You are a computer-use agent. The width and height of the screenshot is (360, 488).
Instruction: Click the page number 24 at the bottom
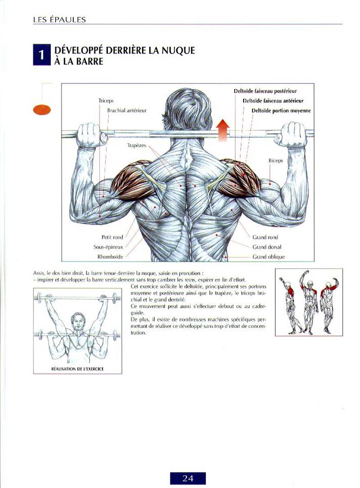click(188, 478)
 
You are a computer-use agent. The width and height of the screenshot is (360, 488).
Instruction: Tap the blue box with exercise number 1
click(41, 55)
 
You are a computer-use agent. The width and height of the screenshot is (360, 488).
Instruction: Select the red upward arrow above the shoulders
click(223, 130)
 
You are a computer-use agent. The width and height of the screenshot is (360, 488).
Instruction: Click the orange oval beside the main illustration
click(41, 110)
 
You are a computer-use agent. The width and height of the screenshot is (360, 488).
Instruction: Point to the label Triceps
click(106, 101)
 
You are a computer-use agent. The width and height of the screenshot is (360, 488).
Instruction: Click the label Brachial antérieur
click(126, 110)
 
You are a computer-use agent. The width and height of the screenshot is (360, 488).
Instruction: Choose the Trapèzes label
click(137, 146)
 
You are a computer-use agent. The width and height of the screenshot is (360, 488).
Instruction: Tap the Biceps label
click(276, 161)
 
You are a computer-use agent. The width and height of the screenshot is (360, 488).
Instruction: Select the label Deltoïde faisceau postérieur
click(265, 91)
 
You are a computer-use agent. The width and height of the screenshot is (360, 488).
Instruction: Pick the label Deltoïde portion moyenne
click(281, 111)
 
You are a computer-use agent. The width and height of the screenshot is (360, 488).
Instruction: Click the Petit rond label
click(112, 237)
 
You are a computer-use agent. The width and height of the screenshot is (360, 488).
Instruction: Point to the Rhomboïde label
click(110, 257)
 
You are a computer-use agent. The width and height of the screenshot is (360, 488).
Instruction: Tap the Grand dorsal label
click(266, 247)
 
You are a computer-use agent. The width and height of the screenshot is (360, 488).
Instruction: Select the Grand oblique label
click(268, 257)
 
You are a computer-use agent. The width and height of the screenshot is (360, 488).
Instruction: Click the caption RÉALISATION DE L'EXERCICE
click(77, 369)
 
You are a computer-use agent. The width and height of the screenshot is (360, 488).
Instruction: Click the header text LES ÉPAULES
click(59, 20)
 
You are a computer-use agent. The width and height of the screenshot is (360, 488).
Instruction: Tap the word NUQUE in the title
click(178, 51)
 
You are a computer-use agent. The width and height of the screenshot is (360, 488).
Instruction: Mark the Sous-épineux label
click(108, 247)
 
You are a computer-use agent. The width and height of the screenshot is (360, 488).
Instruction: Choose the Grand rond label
click(265, 237)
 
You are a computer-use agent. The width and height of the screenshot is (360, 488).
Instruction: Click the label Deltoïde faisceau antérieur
click(273, 101)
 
